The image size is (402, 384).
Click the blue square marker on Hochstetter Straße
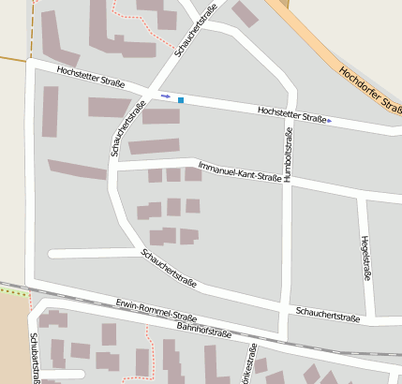pyautogui.click(x=181, y=99)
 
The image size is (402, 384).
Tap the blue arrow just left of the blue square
pyautogui.click(x=166, y=96)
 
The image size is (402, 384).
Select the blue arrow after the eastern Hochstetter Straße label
pyautogui.click(x=330, y=121)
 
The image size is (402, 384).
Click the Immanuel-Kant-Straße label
pyautogui.click(x=240, y=170)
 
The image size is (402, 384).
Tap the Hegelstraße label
pyautogui.click(x=364, y=257)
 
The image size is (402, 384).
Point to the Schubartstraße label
pyautogui.click(x=35, y=358)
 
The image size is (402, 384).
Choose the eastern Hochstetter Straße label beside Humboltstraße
pyautogui.click(x=292, y=113)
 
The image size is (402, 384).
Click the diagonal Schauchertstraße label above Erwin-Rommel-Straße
pyautogui.click(x=169, y=268)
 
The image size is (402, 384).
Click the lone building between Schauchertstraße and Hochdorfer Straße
pyautogui.click(x=246, y=14)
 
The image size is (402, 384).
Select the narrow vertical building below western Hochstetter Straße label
pyautogui.click(x=50, y=111)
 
